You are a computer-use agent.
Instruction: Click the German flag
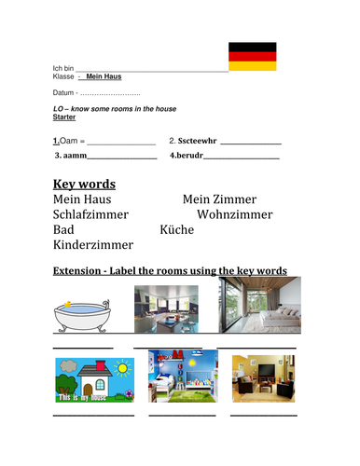pyautogui.click(x=253, y=56)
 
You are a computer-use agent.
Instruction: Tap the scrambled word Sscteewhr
pyautogui.click(x=198, y=141)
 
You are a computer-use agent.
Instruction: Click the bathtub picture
pyautogui.click(x=84, y=315)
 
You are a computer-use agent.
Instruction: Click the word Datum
pyautogui.click(x=63, y=94)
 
